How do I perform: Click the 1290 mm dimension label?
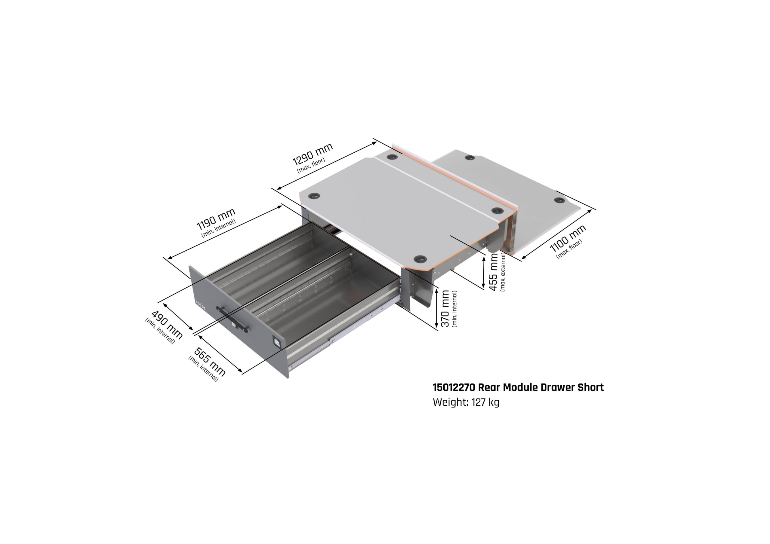click(x=313, y=154)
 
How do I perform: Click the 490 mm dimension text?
click(x=167, y=325)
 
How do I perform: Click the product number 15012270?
click(x=454, y=387)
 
